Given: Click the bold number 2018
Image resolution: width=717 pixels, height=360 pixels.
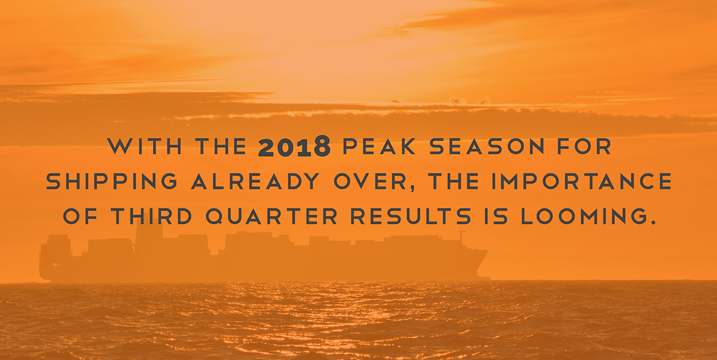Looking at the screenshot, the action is click(294, 146).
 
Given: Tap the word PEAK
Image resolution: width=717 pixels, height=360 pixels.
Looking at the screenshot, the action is click(379, 146).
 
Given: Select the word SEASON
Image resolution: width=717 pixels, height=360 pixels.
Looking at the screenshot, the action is click(487, 146).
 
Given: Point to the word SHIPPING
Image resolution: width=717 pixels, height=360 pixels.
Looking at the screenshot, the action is click(112, 181).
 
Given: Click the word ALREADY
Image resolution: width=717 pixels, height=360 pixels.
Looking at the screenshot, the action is click(256, 181).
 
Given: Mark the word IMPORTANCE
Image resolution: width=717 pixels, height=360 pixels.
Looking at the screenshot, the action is click(581, 181).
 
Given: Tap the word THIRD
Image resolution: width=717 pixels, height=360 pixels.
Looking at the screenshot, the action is click(151, 216).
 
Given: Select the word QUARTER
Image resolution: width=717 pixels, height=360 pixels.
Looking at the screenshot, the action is click(271, 217).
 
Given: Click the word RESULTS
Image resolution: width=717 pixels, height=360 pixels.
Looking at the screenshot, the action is click(411, 216).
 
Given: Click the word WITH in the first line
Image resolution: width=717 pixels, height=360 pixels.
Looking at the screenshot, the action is click(145, 146).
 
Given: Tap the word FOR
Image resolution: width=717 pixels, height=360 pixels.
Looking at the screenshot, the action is click(584, 146).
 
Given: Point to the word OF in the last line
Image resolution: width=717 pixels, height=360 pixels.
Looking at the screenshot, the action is click(80, 216).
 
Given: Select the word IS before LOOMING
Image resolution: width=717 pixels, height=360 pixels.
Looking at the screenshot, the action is click(496, 216).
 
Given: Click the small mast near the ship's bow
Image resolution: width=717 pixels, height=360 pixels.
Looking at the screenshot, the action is click(461, 234).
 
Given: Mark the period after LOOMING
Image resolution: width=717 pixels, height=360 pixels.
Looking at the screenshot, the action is click(651, 222).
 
